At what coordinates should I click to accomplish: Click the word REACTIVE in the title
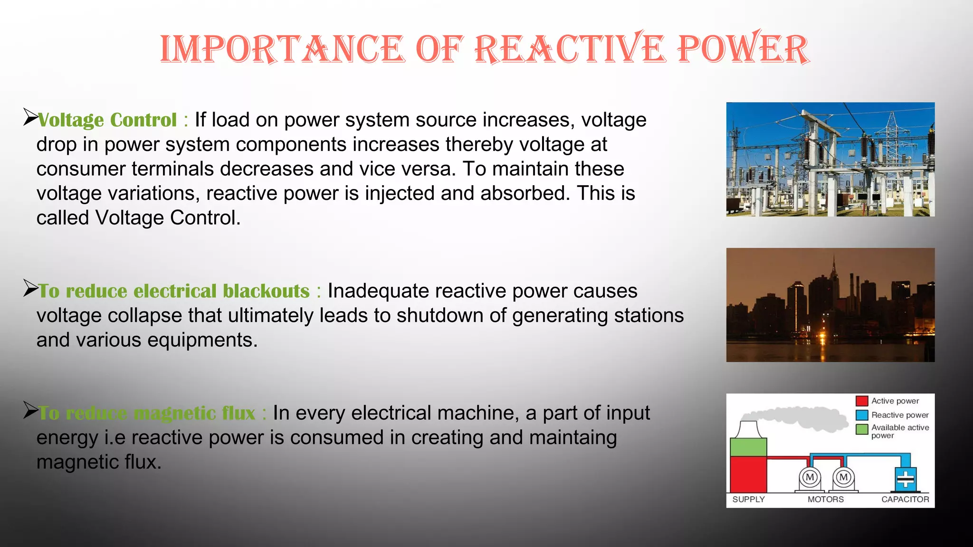tap(568, 49)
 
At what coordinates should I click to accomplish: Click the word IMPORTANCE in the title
tap(282, 49)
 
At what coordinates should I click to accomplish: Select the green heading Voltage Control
tap(107, 120)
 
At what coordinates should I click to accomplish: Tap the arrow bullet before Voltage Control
tap(30, 117)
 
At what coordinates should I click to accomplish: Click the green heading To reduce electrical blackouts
tap(174, 291)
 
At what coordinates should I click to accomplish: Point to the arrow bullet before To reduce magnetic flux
tap(30, 410)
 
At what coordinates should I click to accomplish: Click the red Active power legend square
tap(862, 401)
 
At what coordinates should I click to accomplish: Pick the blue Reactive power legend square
tap(862, 415)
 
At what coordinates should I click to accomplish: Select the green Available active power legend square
tap(862, 429)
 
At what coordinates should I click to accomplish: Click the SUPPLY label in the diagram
tap(748, 500)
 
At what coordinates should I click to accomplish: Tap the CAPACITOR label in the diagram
tap(905, 500)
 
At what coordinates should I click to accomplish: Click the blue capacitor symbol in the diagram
tap(905, 479)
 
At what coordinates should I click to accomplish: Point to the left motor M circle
tap(810, 477)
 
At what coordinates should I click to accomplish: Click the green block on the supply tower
tap(748, 447)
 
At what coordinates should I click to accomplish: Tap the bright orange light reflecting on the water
tap(822, 338)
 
